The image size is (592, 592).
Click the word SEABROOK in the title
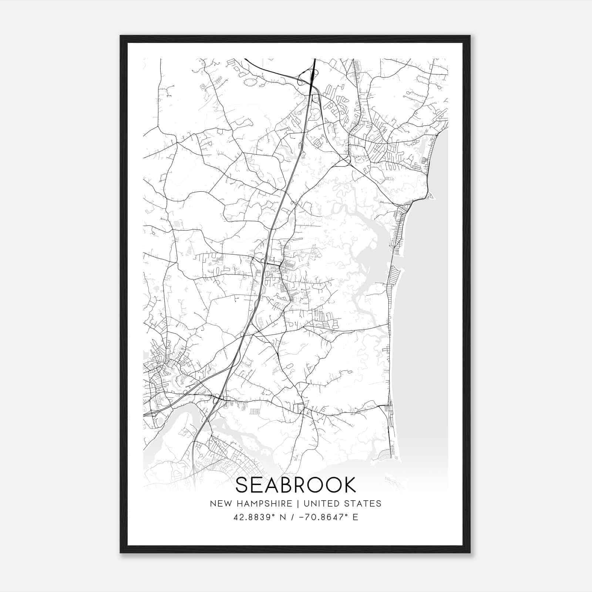pyautogui.click(x=296, y=485)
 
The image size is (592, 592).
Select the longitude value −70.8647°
pyautogui.click(x=320, y=517)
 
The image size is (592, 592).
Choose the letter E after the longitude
pyautogui.click(x=355, y=517)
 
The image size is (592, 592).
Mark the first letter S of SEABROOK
pyautogui.click(x=242, y=485)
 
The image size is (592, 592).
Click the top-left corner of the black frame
pyautogui.click(x=121, y=36)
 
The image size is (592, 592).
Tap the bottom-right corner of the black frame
pyautogui.click(x=470, y=552)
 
